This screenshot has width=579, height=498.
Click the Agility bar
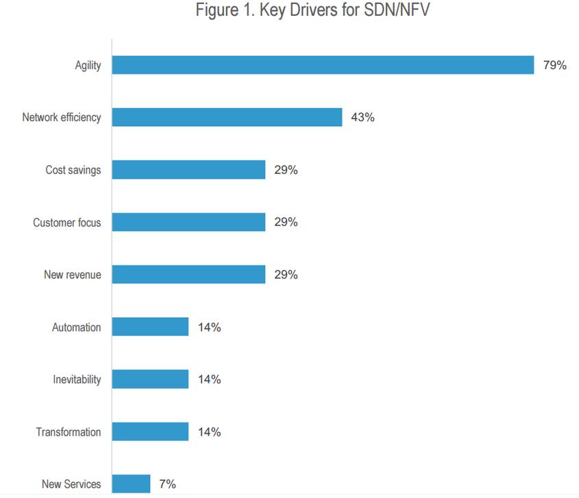point(323,65)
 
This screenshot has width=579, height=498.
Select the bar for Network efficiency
point(227,117)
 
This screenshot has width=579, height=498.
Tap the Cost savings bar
point(188,170)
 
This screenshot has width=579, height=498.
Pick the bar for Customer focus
point(188,222)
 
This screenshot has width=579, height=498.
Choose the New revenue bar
point(188,275)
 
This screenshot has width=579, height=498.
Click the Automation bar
point(150,327)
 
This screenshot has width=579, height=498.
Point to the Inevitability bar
point(150,379)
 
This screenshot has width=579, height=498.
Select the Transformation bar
point(150,432)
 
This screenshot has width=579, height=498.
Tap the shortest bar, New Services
point(131,484)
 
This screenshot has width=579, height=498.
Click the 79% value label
point(554,65)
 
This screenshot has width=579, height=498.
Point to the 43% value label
point(362,117)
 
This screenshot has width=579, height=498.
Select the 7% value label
point(167,484)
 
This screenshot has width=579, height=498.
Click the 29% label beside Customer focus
point(286,222)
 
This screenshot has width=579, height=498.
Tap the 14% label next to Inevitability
point(209,379)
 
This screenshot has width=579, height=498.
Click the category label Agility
point(88,65)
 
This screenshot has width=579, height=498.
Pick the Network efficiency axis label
point(62,117)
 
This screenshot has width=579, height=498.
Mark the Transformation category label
point(69,432)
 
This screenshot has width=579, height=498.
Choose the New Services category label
point(71,484)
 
